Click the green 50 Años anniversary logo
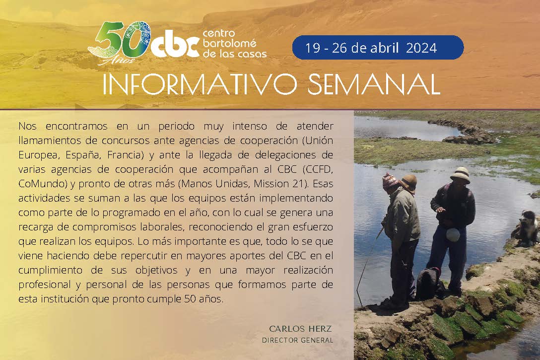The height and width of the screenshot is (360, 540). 120,43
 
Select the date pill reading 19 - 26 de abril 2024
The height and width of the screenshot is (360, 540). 378,48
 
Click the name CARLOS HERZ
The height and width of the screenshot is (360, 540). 300,329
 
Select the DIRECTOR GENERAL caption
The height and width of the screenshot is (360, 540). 298,340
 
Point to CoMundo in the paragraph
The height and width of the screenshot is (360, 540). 43,184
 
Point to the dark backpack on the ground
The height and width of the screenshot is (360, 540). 429,283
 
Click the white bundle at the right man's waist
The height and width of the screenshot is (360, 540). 453,234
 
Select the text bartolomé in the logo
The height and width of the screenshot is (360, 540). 229,43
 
